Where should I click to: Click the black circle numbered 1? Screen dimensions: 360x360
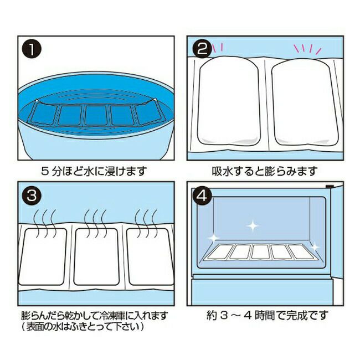(32, 50)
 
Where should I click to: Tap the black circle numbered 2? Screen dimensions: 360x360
(202, 49)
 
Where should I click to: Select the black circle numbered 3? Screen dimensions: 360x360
(32, 196)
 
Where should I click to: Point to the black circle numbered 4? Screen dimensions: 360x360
(202, 196)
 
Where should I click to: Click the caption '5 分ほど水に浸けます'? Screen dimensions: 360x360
(94, 171)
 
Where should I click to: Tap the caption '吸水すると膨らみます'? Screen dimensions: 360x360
(265, 171)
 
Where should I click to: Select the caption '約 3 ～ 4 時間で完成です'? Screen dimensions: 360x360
(268, 316)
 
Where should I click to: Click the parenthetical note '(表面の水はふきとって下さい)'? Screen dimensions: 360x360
(83, 326)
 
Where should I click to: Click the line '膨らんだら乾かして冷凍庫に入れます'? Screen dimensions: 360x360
(94, 316)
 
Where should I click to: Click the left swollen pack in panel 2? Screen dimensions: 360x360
(229, 101)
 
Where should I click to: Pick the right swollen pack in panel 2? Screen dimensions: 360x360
(305, 101)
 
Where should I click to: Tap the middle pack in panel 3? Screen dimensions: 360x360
(96, 256)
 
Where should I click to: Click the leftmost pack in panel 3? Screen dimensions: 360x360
(43, 256)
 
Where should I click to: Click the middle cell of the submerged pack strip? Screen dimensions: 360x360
(96, 115)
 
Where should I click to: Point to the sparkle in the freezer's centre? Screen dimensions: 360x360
(253, 226)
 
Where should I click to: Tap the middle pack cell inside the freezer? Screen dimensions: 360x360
(261, 251)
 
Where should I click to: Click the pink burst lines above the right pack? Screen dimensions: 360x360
(307, 50)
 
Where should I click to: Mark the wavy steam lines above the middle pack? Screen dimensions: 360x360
(95, 223)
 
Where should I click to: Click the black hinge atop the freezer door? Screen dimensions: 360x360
(330, 186)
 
